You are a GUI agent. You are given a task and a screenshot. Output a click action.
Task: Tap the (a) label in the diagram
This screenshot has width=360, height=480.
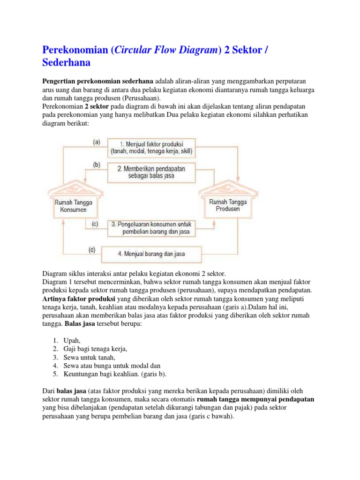coord(96,142)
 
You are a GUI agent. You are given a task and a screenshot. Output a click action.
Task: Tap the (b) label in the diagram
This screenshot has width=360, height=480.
coord(96,165)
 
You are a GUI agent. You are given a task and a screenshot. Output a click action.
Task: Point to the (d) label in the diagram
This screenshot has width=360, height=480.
coord(91,250)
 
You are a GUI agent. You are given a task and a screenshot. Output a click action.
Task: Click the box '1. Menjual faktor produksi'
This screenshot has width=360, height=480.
coord(152,147)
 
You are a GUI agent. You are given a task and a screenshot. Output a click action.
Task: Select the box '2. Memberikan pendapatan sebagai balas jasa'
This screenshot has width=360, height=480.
coord(152,172)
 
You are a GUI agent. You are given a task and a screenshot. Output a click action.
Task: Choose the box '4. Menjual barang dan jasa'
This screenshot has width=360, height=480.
coord(151,254)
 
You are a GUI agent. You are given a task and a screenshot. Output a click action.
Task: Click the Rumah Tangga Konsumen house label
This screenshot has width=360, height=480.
coord(74,206)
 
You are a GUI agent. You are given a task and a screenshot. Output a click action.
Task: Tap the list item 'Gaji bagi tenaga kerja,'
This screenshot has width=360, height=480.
coord(95,349)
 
